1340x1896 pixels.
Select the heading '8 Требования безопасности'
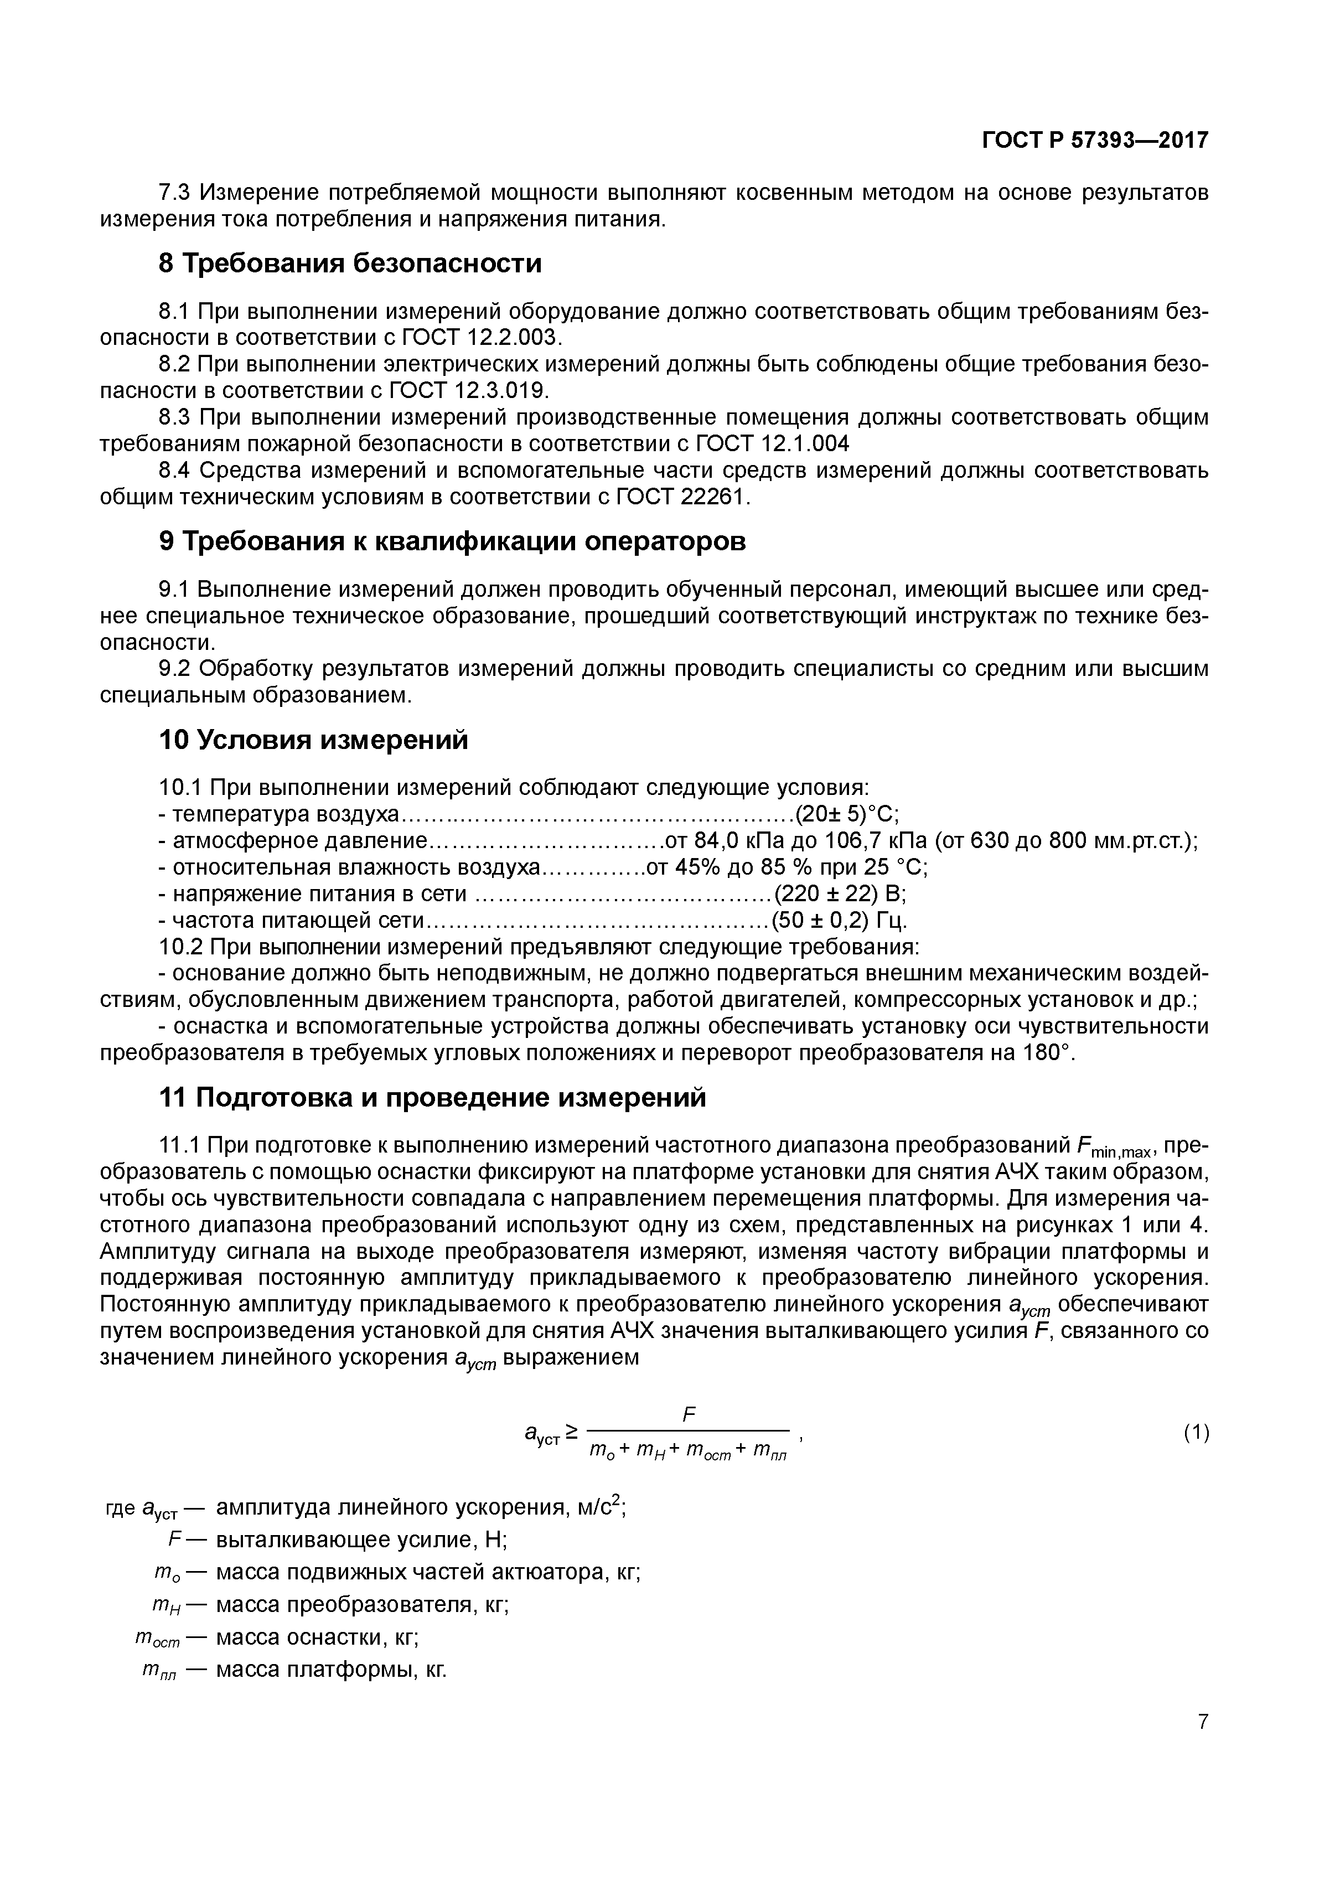click(350, 264)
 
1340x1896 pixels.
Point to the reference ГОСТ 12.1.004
click(773, 445)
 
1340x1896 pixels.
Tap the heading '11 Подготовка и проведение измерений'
click(433, 1098)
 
